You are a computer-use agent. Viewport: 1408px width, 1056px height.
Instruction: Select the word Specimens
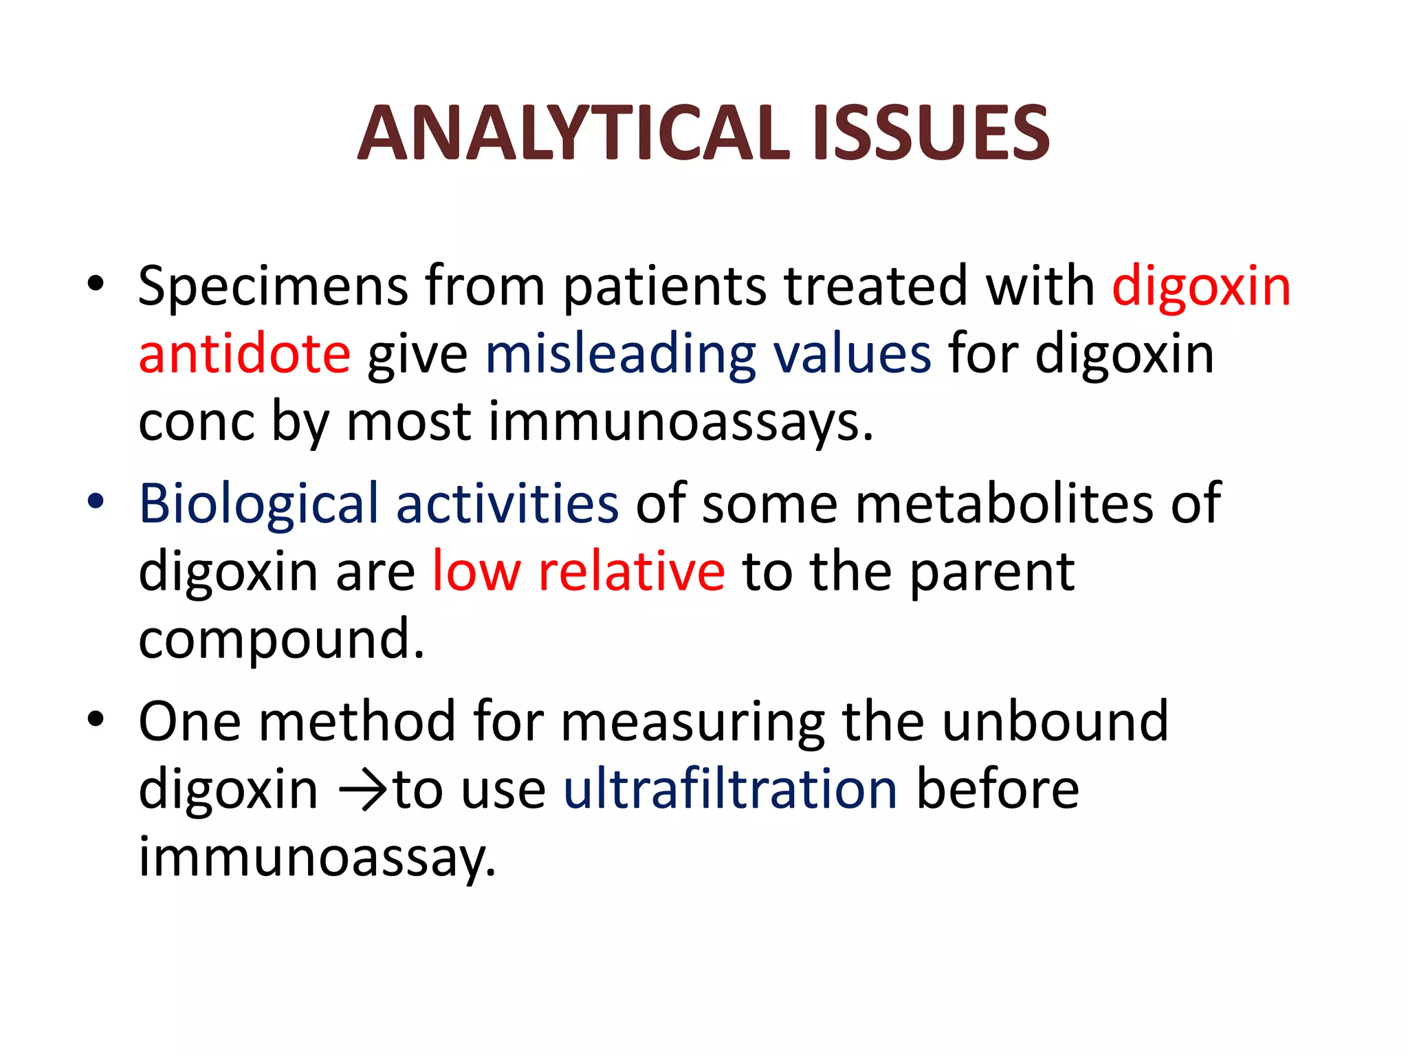pyautogui.click(x=273, y=287)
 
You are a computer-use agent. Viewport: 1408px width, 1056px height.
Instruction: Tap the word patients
pyautogui.click(x=665, y=287)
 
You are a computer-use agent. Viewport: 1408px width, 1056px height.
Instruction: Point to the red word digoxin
pyautogui.click(x=1201, y=287)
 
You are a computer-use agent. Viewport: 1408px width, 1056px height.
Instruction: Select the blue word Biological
pyautogui.click(x=258, y=504)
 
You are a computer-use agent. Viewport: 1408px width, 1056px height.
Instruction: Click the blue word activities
pyautogui.click(x=507, y=504)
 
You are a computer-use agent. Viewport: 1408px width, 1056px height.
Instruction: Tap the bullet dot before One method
pyautogui.click(x=96, y=719)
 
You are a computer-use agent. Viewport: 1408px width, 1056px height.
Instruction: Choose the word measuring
pyautogui.click(x=693, y=722)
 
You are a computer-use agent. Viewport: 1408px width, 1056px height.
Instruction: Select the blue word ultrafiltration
pyautogui.click(x=730, y=789)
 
